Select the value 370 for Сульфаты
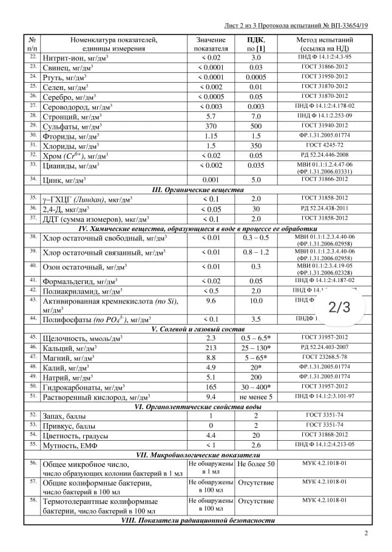coord(211,126)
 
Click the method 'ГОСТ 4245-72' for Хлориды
coord(323,146)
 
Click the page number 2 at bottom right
coord(366,534)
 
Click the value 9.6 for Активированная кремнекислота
coord(211,300)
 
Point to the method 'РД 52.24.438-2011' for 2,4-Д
coord(323,209)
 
